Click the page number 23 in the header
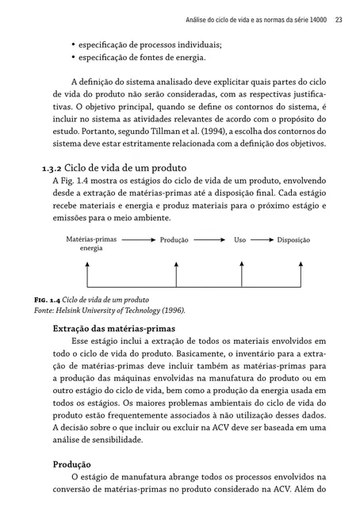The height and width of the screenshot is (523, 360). [339, 19]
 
